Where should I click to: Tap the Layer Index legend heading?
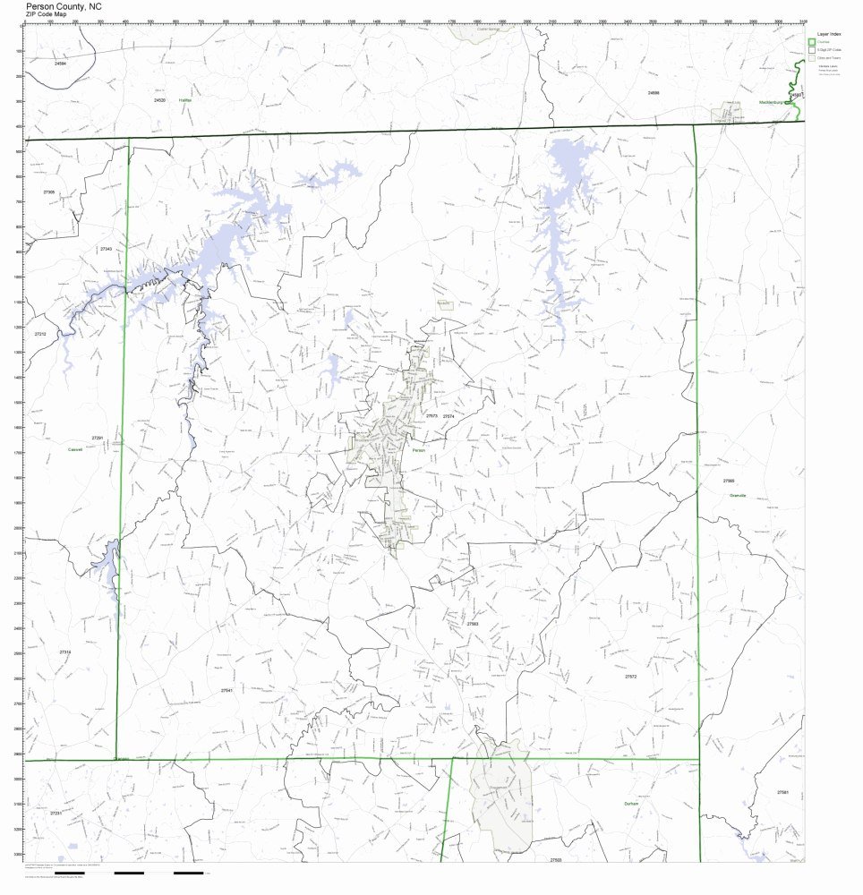[828, 33]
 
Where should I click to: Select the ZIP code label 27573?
[431, 416]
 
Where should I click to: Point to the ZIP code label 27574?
[449, 416]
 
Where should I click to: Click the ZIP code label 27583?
[473, 624]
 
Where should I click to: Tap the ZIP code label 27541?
[227, 691]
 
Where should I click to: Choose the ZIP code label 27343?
[106, 249]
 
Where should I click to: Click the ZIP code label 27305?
[48, 192]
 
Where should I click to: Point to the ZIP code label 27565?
[729, 482]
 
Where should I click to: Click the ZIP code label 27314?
[64, 652]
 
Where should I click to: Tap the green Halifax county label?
[185, 100]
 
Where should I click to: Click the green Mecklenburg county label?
[771, 102]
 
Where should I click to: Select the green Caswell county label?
[74, 449]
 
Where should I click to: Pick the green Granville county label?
[738, 495]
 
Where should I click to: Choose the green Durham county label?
[632, 804]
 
